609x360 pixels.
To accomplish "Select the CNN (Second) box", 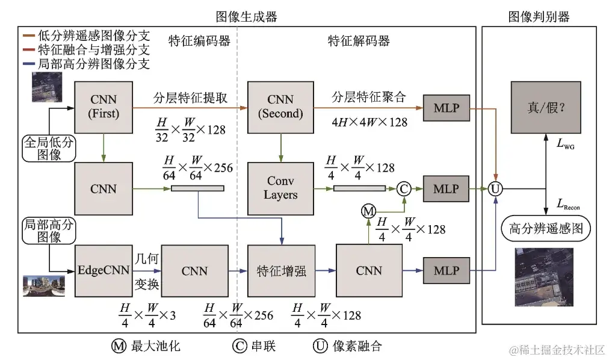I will (x=280, y=106).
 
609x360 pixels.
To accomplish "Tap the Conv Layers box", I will (x=280, y=187).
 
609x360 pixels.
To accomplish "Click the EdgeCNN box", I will (x=104, y=270).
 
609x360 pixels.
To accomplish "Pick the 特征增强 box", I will (x=280, y=270).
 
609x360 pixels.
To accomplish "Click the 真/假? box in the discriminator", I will (x=545, y=107).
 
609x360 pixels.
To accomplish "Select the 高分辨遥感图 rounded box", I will (x=546, y=229).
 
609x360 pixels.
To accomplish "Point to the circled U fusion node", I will (x=495, y=189).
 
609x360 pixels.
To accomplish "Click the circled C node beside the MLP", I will (x=404, y=188).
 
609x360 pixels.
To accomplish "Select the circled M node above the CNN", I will (x=368, y=211).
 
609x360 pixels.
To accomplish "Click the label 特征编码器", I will (x=199, y=41).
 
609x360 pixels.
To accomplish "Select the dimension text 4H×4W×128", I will (x=369, y=122).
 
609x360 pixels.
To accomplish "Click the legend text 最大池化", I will (x=155, y=346).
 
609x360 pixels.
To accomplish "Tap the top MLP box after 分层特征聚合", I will (x=446, y=108).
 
